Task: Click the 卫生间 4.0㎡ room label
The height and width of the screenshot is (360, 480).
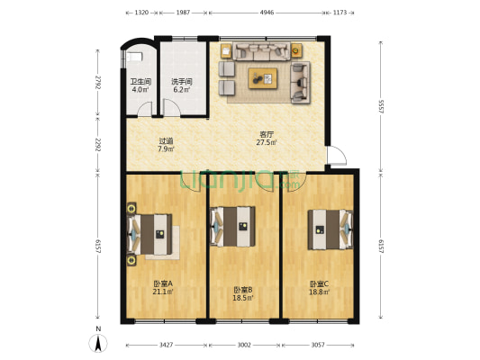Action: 140,85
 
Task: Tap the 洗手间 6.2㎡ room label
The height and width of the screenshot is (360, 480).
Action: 183,85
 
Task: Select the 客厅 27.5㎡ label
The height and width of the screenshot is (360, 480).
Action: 266,139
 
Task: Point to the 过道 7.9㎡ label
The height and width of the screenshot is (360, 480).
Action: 166,144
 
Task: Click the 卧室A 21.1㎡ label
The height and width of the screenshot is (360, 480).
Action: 163,287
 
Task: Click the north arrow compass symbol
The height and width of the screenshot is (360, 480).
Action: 98,342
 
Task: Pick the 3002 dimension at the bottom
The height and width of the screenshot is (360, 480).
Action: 245,345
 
